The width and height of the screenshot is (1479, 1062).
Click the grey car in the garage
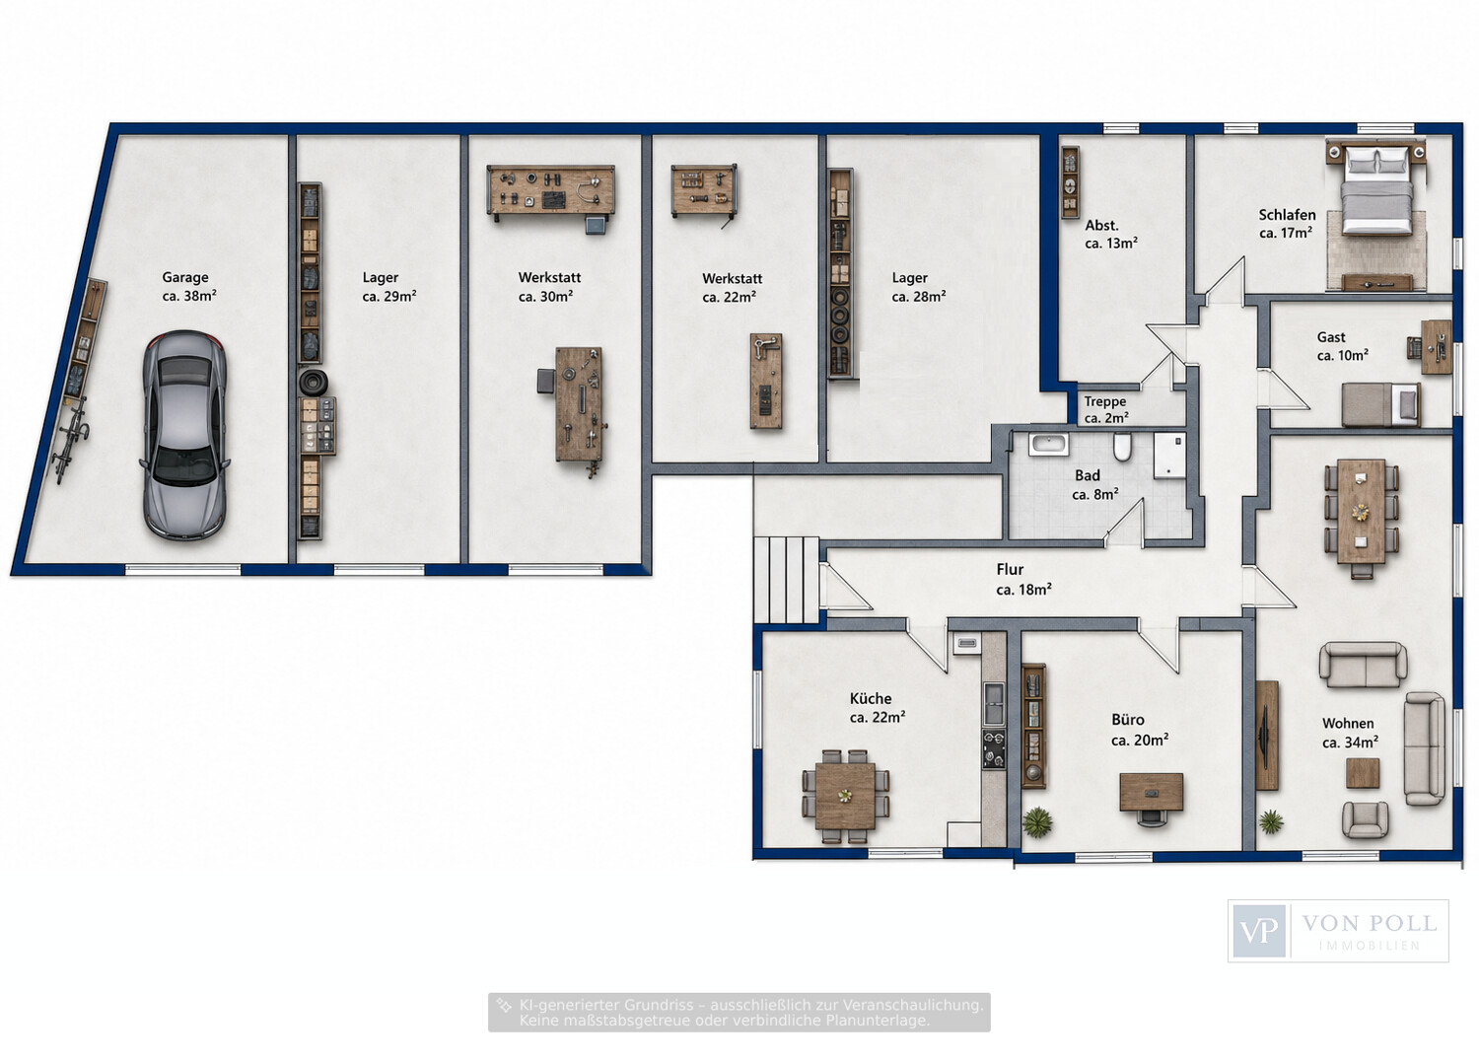click(184, 435)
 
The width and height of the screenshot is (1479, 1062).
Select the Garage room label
click(189, 287)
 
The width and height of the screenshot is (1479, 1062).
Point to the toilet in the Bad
click(1122, 447)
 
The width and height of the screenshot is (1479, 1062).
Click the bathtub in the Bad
click(1048, 444)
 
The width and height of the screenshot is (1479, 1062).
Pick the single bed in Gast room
click(1380, 404)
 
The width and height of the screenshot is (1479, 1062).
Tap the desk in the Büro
click(1151, 792)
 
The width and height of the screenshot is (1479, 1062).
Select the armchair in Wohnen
click(1364, 819)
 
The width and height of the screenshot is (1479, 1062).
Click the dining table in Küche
click(845, 796)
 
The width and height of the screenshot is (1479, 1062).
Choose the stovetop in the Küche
click(994, 748)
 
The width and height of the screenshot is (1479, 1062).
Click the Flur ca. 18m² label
click(1022, 579)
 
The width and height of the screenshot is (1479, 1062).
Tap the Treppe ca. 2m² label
click(1106, 409)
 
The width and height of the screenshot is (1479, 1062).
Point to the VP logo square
click(1258, 931)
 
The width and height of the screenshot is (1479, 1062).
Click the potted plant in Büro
click(1038, 823)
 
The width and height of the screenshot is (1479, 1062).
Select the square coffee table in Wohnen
click(1362, 773)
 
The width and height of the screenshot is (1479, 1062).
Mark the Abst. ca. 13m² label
click(1110, 235)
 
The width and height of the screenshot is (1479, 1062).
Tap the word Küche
click(871, 699)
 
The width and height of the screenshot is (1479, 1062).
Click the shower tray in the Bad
click(1169, 455)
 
